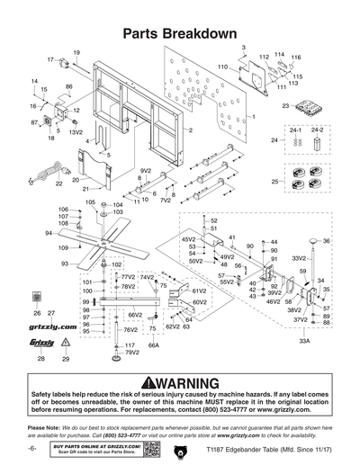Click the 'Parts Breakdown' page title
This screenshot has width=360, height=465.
point(179,33)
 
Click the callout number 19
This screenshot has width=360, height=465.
point(76,53)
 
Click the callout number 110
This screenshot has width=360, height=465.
point(221,67)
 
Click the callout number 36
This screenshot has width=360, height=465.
point(327,241)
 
